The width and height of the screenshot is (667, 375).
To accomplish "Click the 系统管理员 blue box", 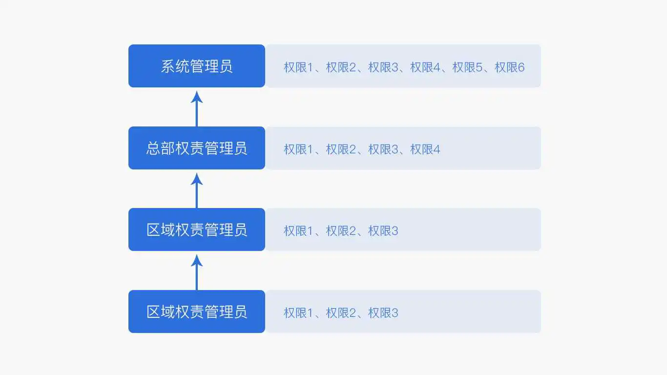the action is point(196,66).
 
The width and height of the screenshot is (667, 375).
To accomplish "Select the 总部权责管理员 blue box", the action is point(196,148).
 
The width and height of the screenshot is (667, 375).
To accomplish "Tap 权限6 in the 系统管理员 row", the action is point(509,67).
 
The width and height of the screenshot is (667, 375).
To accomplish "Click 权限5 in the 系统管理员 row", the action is point(467,67).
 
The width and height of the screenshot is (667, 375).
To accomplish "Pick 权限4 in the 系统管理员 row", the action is point(425,67).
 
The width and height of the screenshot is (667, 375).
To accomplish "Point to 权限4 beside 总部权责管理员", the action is point(425,149).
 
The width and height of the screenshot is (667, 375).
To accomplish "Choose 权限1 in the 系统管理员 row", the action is point(298,67).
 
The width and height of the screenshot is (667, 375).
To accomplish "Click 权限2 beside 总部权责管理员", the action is point(341,149).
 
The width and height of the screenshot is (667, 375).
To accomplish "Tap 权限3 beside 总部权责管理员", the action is point(383,149).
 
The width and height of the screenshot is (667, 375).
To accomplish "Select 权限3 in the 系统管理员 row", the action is point(383,67).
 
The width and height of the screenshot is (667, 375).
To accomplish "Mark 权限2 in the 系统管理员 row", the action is point(341,67).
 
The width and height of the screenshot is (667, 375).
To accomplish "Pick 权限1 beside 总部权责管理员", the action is point(298,149).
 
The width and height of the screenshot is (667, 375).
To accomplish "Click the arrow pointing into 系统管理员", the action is point(196,109).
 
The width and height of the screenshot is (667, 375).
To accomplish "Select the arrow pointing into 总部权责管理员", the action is point(196,190).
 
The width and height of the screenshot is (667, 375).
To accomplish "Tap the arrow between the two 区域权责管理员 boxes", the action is point(196,272).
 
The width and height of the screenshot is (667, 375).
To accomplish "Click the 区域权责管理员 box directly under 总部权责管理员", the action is point(196,229).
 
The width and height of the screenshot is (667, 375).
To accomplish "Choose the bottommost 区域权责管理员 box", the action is point(196,312).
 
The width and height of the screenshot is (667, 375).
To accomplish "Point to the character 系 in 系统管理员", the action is point(168,66).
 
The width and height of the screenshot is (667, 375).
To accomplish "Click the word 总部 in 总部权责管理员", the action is point(161,148).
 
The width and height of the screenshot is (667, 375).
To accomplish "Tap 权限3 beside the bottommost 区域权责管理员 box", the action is point(383,313).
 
